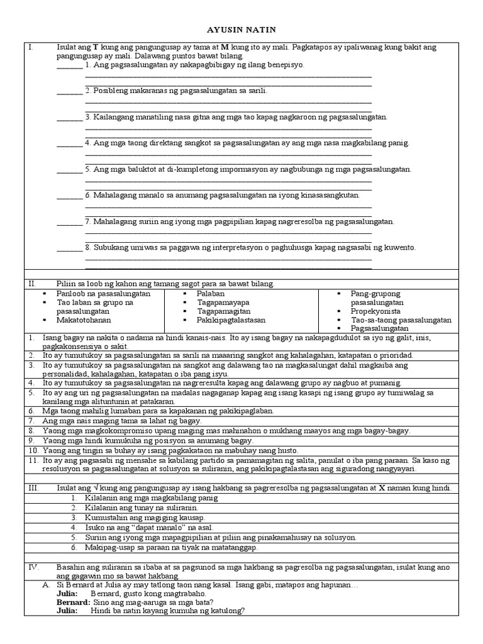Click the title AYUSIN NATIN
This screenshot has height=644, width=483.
pos(241,30)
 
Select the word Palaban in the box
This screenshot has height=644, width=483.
pos(211,293)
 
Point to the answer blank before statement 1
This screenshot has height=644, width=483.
pos(69,65)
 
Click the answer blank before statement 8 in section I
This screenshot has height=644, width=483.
pos(69,248)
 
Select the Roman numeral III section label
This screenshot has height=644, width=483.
pos(32,489)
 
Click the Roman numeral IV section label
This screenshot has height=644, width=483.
pos(32,567)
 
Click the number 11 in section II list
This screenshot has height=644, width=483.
pos(32,460)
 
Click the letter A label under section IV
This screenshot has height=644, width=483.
pos(46,584)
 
